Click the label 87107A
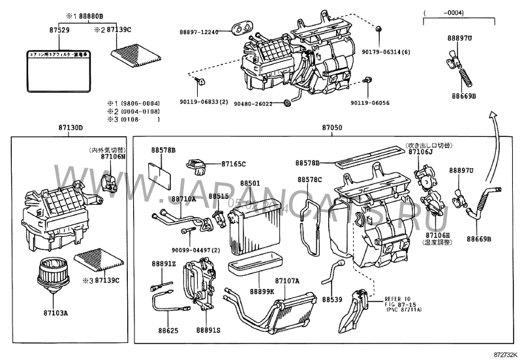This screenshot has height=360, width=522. [287, 281]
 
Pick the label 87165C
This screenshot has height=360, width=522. [233, 164]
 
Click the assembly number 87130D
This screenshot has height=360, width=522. [71, 129]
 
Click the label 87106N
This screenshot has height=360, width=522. [112, 157]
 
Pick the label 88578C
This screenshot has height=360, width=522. [310, 179]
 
